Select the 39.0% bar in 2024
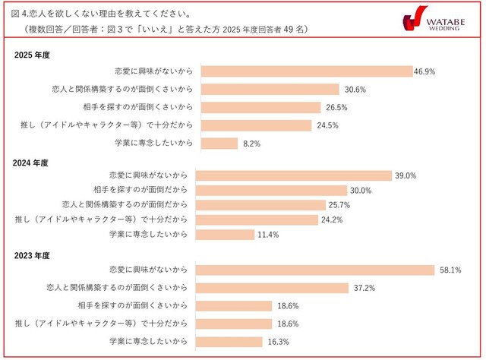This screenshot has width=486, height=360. (294, 175)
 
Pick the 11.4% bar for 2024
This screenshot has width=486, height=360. (225, 235)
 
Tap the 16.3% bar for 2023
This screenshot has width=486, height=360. (229, 342)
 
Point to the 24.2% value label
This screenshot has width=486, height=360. (333, 220)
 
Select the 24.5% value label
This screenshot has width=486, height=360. (327, 125)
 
